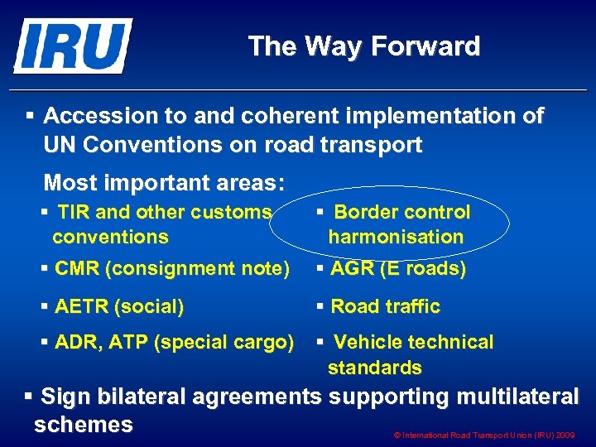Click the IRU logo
[x=73, y=46]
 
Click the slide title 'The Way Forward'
[x=363, y=46]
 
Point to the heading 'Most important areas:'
[x=164, y=182]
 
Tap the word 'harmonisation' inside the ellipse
[x=396, y=238]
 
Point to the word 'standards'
[x=374, y=368]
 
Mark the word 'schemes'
[x=84, y=425]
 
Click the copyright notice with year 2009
[x=486, y=435]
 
